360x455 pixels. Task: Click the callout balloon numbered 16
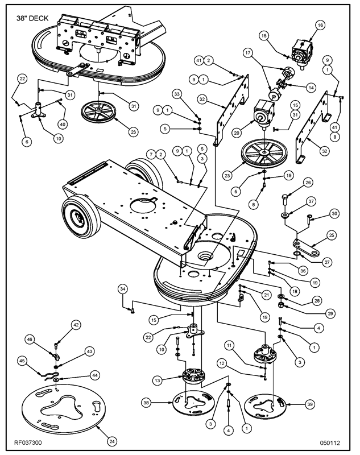(320, 25)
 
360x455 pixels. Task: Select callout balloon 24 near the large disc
(112, 442)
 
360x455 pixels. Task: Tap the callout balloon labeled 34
(123, 289)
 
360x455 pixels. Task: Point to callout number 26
(308, 183)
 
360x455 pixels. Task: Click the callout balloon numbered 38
(146, 403)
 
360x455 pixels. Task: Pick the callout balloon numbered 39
(310, 404)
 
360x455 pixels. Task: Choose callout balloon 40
(63, 125)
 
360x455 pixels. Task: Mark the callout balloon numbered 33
(177, 94)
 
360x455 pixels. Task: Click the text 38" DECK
(32, 18)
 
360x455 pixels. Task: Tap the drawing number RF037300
(28, 443)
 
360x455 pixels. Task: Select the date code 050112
(330, 443)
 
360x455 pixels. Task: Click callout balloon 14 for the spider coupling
(311, 88)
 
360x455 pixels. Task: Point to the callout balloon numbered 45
(22, 361)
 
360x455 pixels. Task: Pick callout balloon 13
(157, 380)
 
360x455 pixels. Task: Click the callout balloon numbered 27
(327, 262)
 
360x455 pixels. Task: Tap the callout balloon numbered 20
(237, 133)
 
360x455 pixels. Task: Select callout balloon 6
(27, 141)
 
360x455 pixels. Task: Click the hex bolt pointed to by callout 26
(284, 201)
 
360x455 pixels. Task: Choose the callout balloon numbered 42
(76, 325)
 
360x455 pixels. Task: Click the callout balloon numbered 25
(332, 235)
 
